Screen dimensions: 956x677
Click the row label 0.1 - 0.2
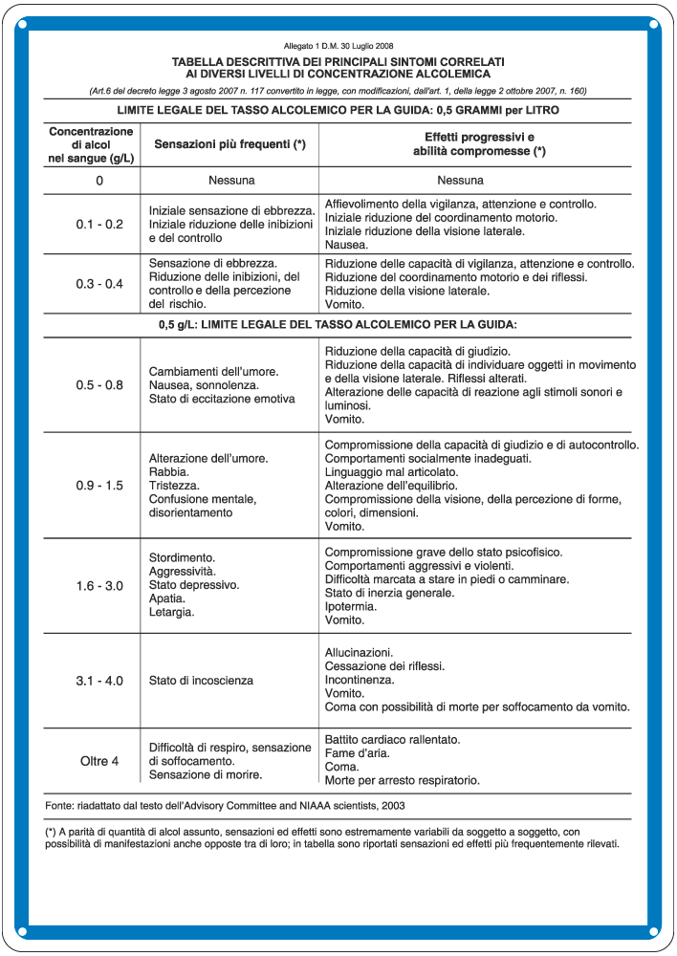(x=99, y=225)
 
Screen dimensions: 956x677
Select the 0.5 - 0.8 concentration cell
(x=99, y=385)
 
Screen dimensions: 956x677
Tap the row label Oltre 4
(x=99, y=761)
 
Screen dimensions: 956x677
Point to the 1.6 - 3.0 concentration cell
(x=99, y=585)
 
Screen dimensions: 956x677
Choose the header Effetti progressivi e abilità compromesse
(x=479, y=143)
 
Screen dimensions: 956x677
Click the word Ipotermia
(x=351, y=606)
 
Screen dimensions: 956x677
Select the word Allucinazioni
(x=360, y=652)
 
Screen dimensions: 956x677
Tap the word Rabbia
(x=169, y=472)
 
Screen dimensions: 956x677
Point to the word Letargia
(x=172, y=612)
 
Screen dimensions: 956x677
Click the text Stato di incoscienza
(x=202, y=681)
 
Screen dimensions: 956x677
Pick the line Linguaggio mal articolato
(x=391, y=472)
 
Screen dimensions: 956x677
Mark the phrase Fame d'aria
(x=356, y=753)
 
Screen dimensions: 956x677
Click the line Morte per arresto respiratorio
(x=403, y=780)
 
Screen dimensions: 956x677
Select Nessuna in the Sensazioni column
(x=229, y=180)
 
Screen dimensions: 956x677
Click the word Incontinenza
(x=360, y=680)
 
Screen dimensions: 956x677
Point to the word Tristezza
(x=172, y=486)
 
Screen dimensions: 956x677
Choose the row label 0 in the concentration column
(x=99, y=180)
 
